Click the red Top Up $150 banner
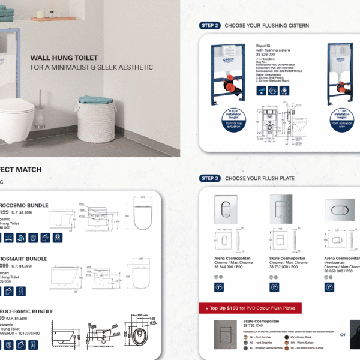point(250,308)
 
